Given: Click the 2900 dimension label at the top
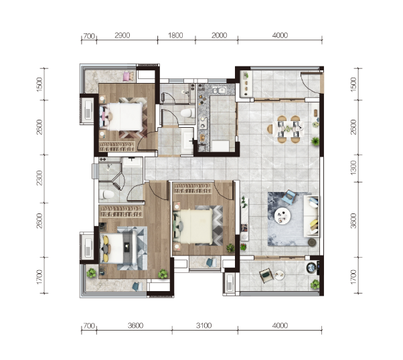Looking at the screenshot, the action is pos(122,35).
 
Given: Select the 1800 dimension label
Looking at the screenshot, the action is pos(175,35).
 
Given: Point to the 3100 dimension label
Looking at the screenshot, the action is pos(204,326).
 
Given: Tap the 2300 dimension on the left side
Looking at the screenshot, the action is pos(39,177).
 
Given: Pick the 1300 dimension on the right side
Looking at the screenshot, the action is pos(353,168).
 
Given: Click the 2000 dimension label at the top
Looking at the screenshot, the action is pos(219,35).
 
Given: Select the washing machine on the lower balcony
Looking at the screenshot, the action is pos(312,268).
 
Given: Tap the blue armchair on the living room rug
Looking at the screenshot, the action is pos(289,197).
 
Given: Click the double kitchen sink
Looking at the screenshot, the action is pos(218,90).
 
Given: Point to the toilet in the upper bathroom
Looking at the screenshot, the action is pos(187,113).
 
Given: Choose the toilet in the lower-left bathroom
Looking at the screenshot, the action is pos(106,194).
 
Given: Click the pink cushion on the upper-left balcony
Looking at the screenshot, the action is pos(127,76).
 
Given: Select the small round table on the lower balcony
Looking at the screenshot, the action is pos(280,275).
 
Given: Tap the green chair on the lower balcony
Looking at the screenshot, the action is pos(266,275).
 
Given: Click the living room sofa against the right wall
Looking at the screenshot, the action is pos(311,216).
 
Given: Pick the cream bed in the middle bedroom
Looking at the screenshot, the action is pos(193,226).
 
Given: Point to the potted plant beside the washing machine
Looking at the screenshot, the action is pos(315,284).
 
